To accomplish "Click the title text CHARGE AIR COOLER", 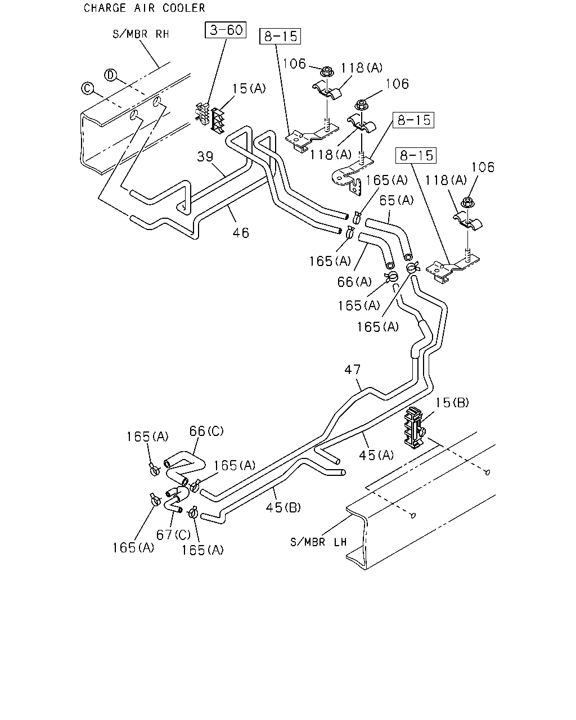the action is tap(144, 8).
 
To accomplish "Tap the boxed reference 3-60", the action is tap(226, 30).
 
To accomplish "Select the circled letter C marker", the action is tap(87, 89).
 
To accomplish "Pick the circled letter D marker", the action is tap(110, 75).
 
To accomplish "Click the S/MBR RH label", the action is tap(141, 34).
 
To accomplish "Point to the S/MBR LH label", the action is tap(318, 542).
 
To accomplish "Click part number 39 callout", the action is tap(205, 156).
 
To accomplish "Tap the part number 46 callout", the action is tap(241, 233).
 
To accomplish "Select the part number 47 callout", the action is tap(353, 370).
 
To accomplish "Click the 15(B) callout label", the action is tap(452, 403).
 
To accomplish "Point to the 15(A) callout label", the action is tap(249, 89).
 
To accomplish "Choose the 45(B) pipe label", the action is tap(283, 507).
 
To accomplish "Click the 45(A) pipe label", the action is tap(376, 455).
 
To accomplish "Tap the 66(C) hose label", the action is tap(206, 431).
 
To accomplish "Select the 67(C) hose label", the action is tap(173, 535).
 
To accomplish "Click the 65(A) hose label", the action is tap(396, 200).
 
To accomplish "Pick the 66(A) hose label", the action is tap(354, 282).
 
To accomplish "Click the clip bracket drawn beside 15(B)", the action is tap(414, 428).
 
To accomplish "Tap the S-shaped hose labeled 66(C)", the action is tap(184, 468).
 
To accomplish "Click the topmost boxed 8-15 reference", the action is tap(280, 36).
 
